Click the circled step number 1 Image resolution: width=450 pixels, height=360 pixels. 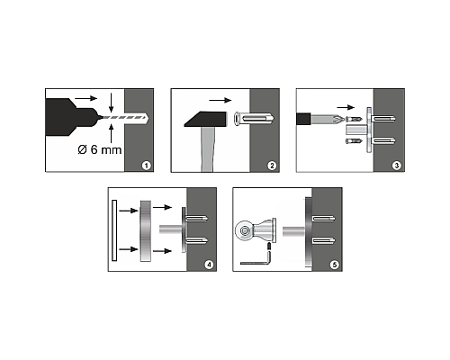tap(146, 166)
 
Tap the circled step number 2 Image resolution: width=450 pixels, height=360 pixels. tap(272, 166)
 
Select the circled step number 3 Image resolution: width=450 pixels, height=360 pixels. tap(397, 166)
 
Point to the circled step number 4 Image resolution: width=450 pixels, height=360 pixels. tap(209, 265)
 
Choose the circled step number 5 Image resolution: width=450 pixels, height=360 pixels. tap(334, 265)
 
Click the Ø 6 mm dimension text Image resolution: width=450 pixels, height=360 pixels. tap(100, 149)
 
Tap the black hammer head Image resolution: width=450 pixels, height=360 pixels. tap(206, 119)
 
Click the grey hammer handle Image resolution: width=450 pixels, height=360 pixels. tap(207, 149)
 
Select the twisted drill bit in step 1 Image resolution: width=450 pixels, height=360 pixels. tap(123, 118)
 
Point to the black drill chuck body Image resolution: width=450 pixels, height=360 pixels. tap(71, 117)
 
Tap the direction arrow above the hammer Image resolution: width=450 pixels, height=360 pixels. tap(220, 100)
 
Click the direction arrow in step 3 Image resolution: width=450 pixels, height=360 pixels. tap(346, 107)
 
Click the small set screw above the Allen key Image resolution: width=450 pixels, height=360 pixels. tap(269, 247)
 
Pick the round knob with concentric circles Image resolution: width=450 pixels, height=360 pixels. tap(244, 231)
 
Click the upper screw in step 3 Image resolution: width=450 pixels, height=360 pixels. tap(354, 119)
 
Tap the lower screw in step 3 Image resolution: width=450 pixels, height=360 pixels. tap(354, 141)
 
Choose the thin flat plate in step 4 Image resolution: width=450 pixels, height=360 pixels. tap(114, 230)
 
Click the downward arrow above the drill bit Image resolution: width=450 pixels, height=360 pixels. tap(112, 103)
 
